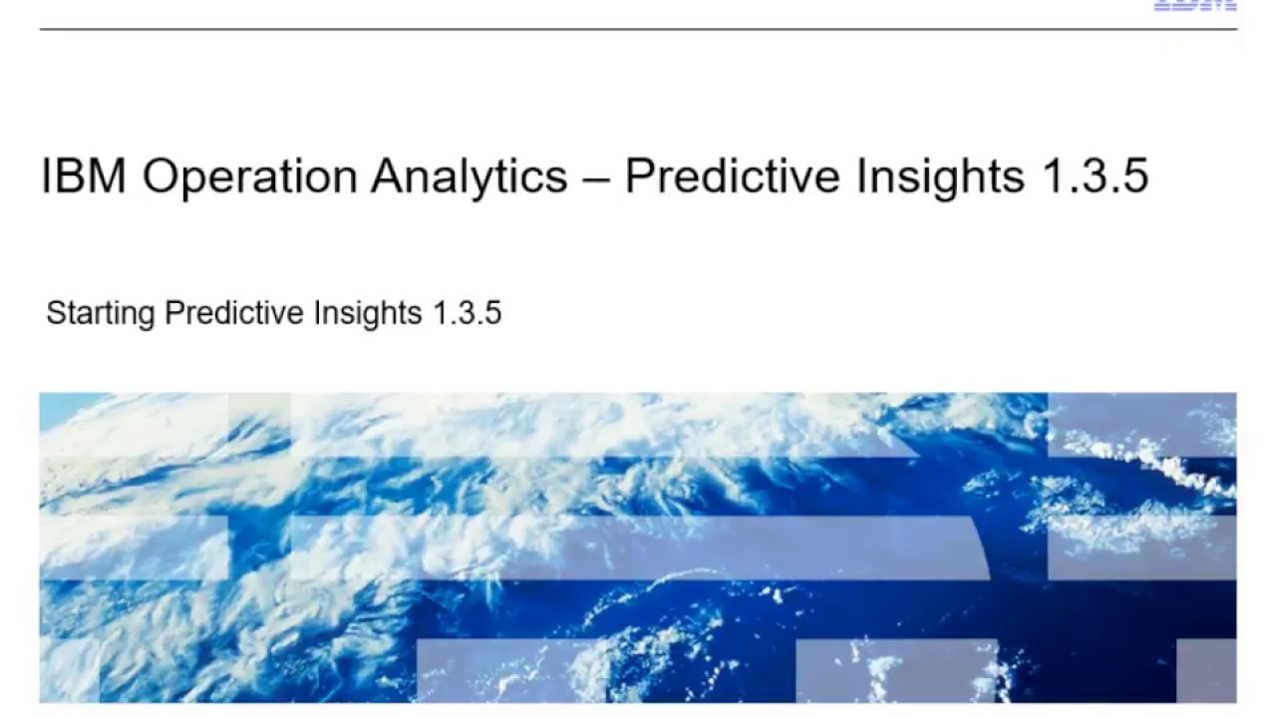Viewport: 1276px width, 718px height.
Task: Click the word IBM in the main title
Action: (x=85, y=177)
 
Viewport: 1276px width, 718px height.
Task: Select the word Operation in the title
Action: (x=249, y=177)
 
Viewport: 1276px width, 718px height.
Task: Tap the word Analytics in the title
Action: (x=469, y=177)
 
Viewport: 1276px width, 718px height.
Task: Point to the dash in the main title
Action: (x=596, y=179)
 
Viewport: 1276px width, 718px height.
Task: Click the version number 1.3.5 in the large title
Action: (x=1096, y=177)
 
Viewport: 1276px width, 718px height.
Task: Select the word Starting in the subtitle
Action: (x=101, y=314)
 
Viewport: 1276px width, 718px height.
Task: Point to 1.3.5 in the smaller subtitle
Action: (x=467, y=313)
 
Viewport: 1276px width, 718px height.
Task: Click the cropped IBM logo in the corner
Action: (x=1195, y=5)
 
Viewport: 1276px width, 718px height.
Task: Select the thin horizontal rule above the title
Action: (x=638, y=29)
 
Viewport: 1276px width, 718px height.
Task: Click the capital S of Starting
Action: (x=55, y=313)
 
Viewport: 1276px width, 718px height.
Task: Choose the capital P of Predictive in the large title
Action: (x=637, y=177)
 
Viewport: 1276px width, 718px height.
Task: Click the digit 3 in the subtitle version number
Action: (x=467, y=313)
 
